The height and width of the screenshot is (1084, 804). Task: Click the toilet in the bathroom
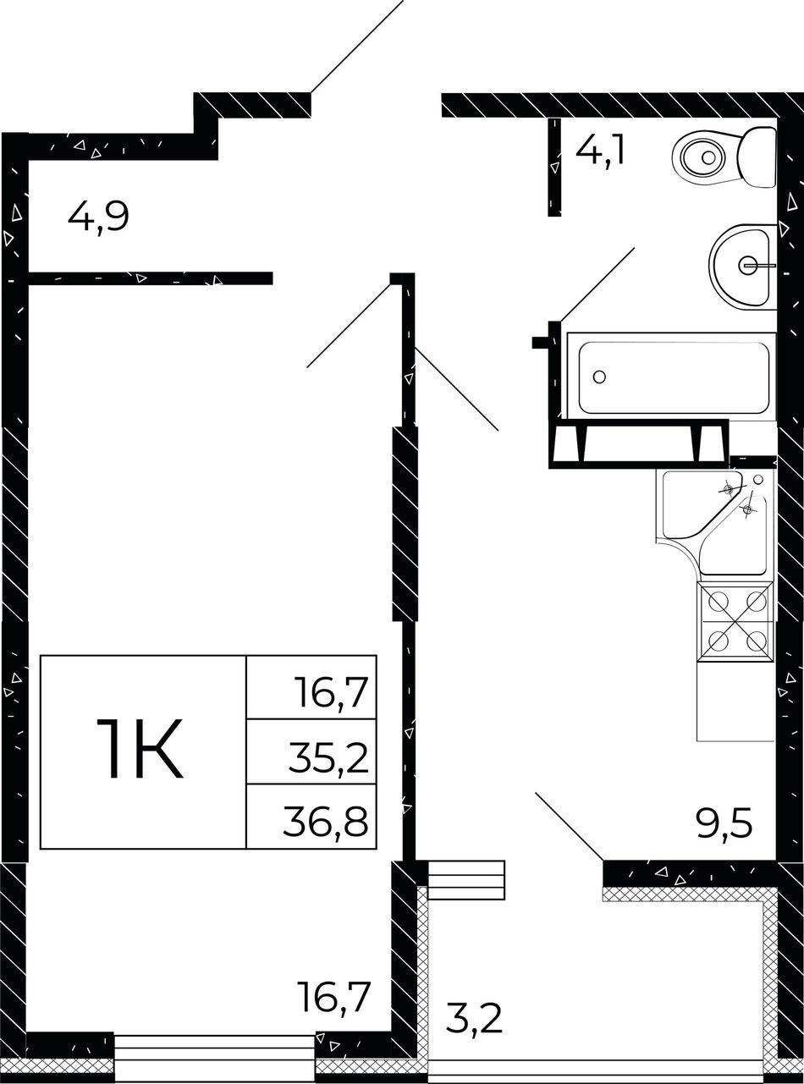(x=724, y=157)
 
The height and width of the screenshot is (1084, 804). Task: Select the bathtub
(x=671, y=375)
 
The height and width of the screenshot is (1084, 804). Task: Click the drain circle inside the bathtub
(x=599, y=377)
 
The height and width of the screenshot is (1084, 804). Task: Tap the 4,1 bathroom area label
(x=600, y=150)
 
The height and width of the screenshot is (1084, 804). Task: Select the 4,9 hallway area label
(x=98, y=218)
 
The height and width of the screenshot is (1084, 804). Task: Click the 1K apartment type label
(x=140, y=748)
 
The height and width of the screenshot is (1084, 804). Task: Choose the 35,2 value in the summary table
(x=328, y=758)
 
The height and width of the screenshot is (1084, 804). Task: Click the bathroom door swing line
(x=597, y=284)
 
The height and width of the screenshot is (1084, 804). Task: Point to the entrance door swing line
(x=357, y=47)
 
